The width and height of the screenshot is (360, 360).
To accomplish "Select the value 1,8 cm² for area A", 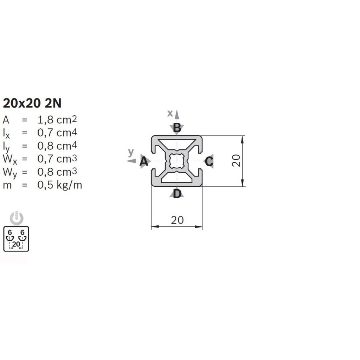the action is [57, 120].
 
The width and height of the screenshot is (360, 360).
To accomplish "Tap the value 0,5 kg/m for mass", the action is [60, 185].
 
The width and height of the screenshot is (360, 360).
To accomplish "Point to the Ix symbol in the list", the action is [6, 134].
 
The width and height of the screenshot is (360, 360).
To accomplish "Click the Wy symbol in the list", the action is [10, 173].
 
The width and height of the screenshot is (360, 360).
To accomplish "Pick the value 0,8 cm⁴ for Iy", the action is [57, 146].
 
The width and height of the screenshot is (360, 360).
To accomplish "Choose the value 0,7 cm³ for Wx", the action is [57, 159].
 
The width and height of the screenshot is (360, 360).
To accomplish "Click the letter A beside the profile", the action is [144, 161].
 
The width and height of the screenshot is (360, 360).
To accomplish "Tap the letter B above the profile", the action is [177, 128].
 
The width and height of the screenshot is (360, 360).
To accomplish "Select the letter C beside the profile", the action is [209, 161].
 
